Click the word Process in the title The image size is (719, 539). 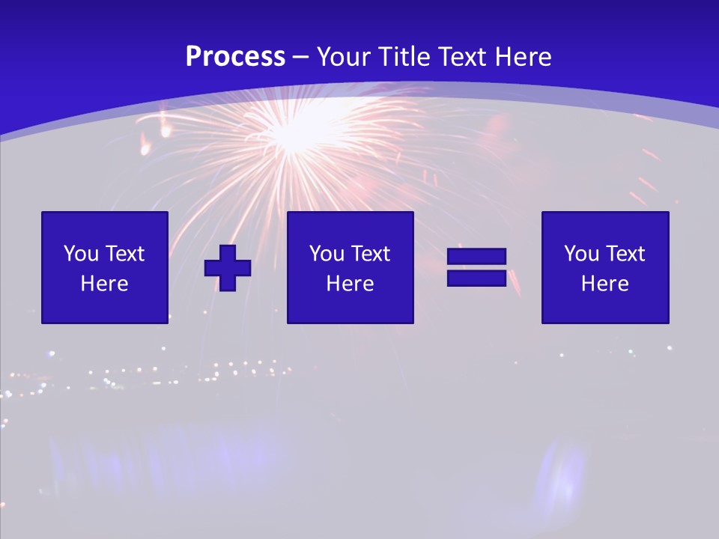point(235,57)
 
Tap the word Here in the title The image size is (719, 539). point(524,57)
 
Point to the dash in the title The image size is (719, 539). point(301,58)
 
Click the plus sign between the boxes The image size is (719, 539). point(228,267)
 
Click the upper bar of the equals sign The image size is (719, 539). point(476,256)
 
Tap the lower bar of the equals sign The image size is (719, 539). point(476,278)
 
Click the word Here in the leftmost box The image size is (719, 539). point(105,284)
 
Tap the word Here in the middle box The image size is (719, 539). point(351,284)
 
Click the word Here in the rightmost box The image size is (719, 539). point(605,284)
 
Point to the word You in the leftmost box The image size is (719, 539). point(81,254)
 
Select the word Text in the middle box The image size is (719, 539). point(371,254)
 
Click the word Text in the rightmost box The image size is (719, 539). point(626,254)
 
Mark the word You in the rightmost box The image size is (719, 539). point(581,254)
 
